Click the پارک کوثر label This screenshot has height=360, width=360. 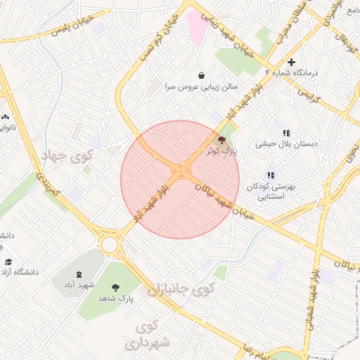tap(224, 150)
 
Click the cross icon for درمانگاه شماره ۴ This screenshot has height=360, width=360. tap(292, 62)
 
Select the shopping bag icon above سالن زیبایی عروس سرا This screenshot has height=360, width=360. tap(202, 76)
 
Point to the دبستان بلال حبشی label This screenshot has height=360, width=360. tap(286, 143)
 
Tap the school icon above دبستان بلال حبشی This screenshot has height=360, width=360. tap(286, 133)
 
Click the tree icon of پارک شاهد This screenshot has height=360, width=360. tap(115, 287)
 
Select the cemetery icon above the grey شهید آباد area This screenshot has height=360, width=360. tap(78, 274)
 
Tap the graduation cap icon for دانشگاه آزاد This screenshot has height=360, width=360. tap(8, 262)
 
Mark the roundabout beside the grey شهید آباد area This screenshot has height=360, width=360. tap(110, 245)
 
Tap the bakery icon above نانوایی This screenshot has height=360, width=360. tap(6, 117)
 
